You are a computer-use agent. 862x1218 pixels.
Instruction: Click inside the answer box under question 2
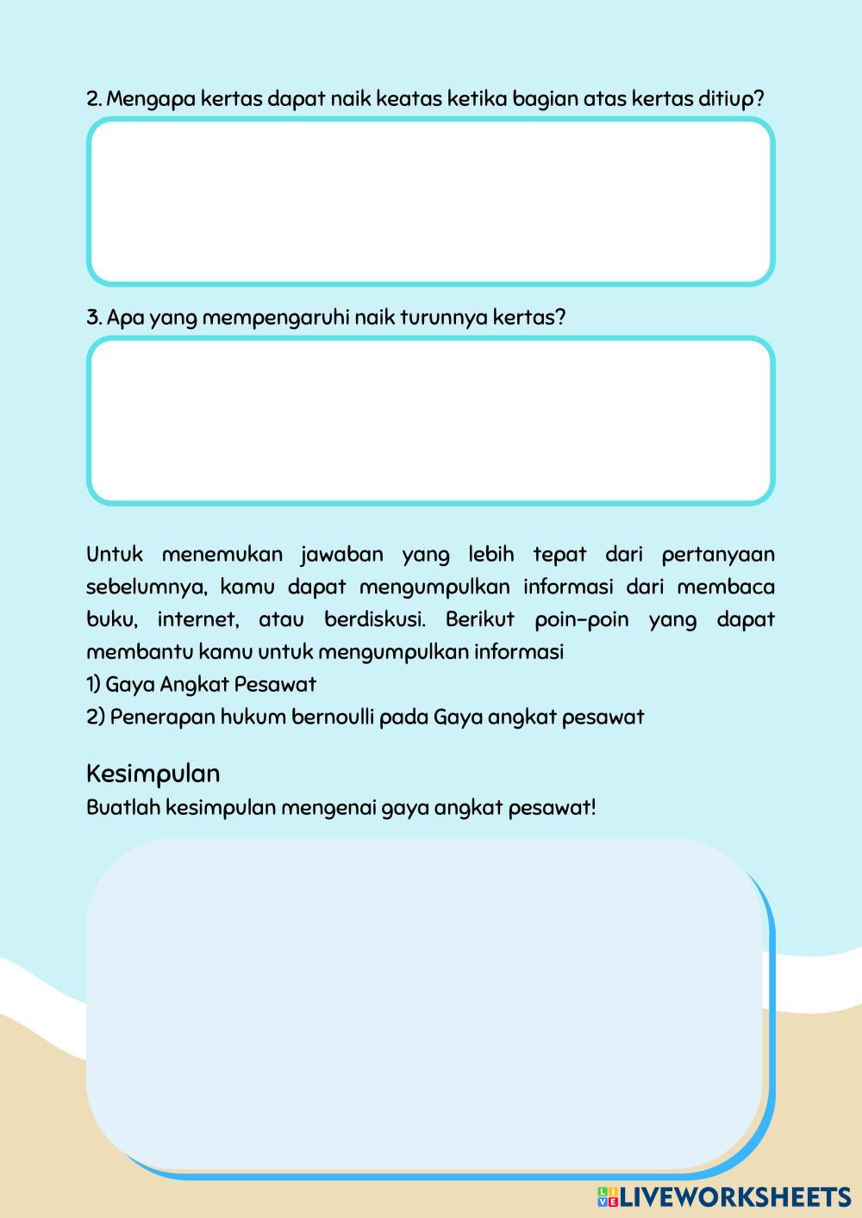430,202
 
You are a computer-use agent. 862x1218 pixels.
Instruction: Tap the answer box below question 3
430,420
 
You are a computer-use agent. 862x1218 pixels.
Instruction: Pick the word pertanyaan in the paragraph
718,555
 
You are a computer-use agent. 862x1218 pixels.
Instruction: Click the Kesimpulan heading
153,774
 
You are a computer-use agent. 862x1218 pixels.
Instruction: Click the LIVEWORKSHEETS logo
724,1196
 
